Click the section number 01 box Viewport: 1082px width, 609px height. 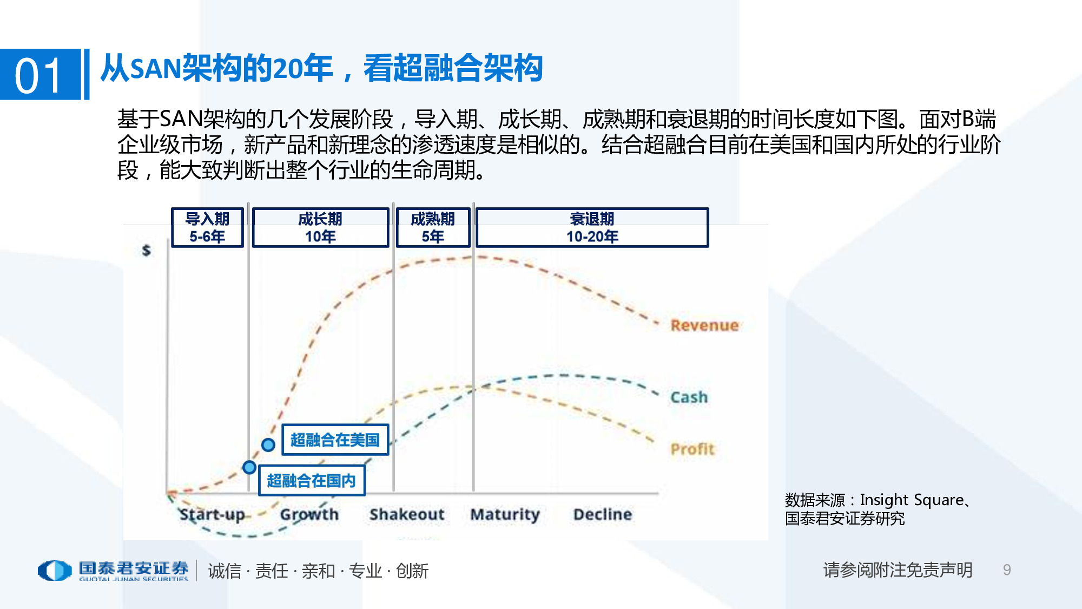40,75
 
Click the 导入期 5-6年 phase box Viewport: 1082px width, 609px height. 207,228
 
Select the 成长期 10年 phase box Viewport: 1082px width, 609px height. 320,228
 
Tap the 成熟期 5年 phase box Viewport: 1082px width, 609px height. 433,228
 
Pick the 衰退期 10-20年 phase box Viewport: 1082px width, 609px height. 592,228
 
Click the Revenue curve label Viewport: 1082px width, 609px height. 704,325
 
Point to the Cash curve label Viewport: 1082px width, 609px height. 689,397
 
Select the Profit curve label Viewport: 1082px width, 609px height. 692,449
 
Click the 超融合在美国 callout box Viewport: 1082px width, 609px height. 335,440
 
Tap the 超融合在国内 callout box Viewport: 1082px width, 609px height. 312,481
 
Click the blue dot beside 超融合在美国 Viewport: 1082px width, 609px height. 268,445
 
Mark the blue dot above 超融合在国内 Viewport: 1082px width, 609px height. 249,467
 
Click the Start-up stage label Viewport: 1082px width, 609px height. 212,514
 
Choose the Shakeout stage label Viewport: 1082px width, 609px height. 407,514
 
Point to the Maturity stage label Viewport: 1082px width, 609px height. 505,514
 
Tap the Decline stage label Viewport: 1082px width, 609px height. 602,514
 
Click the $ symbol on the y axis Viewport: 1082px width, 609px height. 146,251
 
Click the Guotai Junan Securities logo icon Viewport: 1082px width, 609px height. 54,571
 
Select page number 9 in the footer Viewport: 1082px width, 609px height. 1007,570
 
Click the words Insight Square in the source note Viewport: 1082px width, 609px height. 912,500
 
